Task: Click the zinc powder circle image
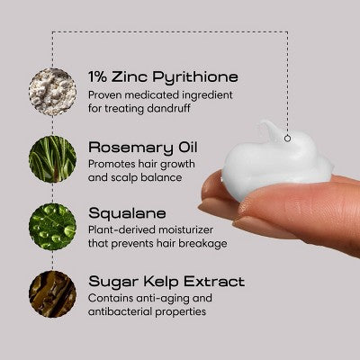point(53,92)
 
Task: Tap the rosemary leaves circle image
point(53,159)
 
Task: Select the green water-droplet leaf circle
point(53,227)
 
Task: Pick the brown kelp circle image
point(53,294)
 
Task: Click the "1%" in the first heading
point(97,76)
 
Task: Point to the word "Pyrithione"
point(195,77)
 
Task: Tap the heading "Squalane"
point(127,213)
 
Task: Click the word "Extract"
point(214,282)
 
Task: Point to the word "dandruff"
point(168,108)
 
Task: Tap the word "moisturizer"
point(185,229)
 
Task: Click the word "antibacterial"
point(121,311)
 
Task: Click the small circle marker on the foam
point(287,139)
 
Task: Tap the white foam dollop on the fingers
point(277,162)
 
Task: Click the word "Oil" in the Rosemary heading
point(187,148)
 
